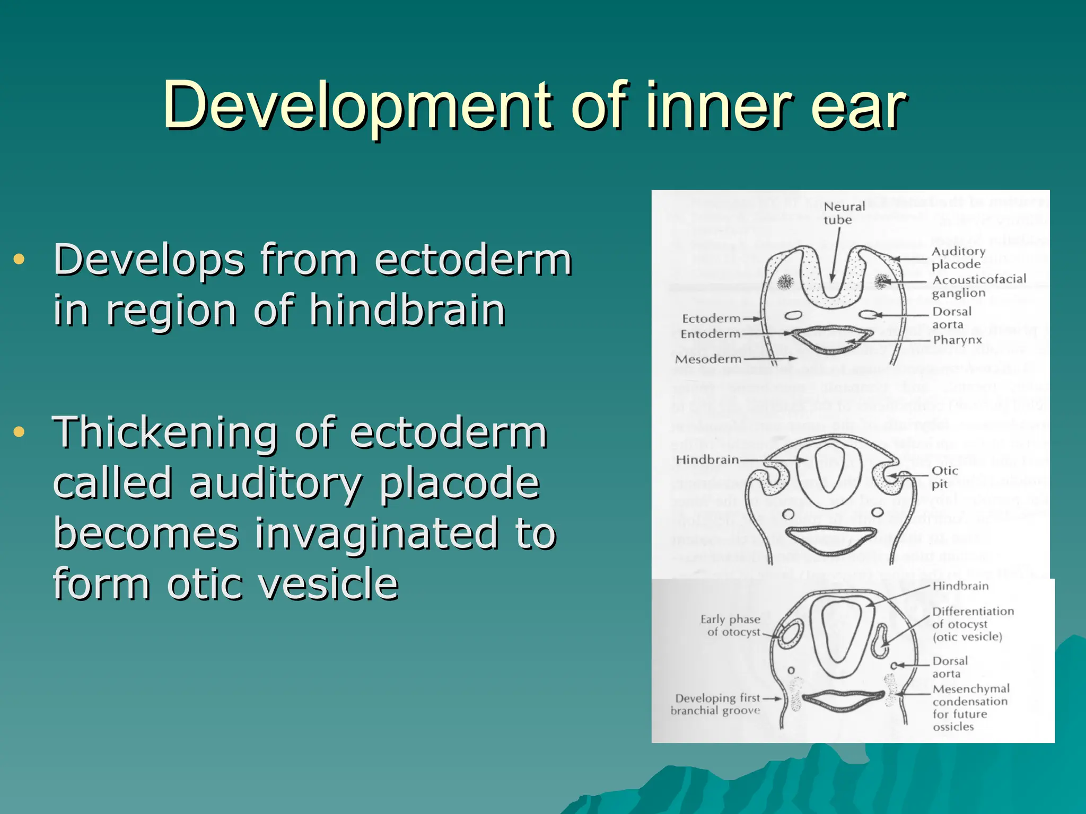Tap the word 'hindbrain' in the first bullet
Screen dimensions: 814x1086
407,311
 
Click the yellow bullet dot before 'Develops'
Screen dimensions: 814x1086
20,259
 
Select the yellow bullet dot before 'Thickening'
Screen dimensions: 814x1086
20,431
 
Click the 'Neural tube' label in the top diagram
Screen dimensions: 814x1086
844,213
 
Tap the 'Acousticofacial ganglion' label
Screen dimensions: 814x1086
979,286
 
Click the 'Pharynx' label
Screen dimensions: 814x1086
957,340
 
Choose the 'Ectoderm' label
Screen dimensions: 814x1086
711,318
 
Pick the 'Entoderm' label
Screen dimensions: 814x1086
710,334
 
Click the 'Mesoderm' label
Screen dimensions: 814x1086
707,359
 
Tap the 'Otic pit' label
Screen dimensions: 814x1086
944,477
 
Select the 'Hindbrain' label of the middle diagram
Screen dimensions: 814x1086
707,459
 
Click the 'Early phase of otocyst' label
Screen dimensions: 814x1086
731,625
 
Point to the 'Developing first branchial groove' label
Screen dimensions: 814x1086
716,704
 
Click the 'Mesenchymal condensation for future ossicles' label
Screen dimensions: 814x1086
970,707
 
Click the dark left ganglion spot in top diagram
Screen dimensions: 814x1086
785,281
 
